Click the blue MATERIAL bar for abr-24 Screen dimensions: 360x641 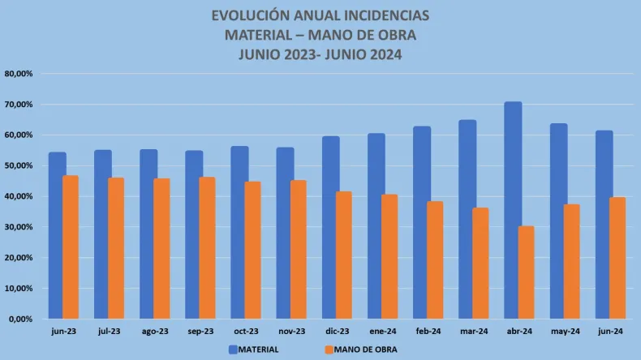point(513,210)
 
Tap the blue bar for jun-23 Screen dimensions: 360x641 point(57,235)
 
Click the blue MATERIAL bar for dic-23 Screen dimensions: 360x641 point(330,227)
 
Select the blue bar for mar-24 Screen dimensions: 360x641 point(467,219)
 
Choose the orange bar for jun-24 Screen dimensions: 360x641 point(618,258)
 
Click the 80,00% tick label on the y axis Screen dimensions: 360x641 point(19,74)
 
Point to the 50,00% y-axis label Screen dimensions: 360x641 point(19,165)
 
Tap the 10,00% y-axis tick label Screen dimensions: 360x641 point(19,288)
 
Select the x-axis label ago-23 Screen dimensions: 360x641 point(155,332)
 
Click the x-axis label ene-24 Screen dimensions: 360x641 point(383,332)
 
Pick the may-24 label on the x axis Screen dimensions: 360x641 point(566,332)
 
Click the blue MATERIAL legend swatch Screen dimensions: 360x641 point(234,349)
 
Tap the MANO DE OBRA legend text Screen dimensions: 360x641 point(366,349)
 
